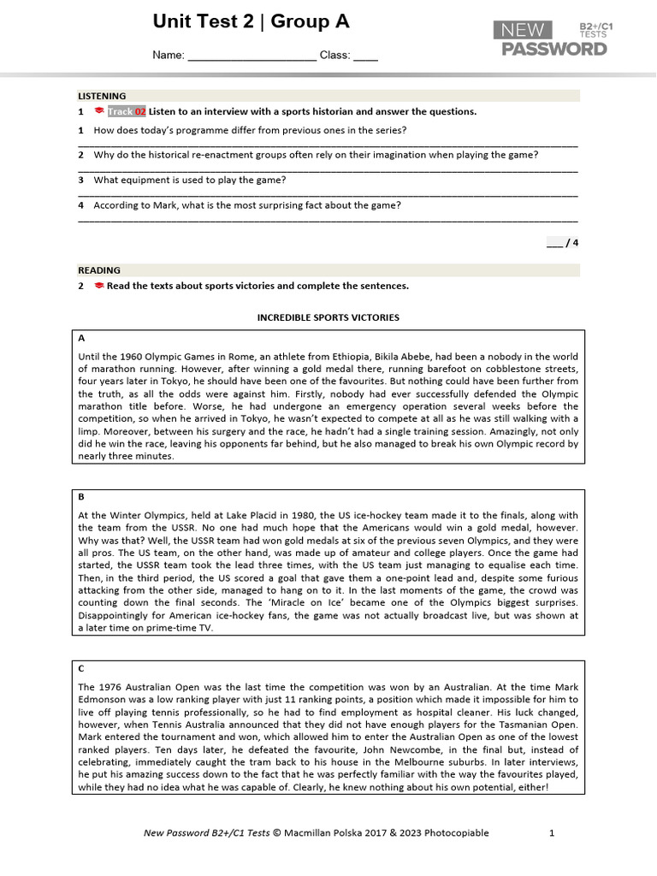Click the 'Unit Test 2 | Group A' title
pyautogui.click(x=251, y=22)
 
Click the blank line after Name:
pyautogui.click(x=252, y=56)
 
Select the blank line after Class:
pyautogui.click(x=365, y=56)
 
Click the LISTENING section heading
pyautogui.click(x=102, y=96)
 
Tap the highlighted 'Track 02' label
pyautogui.click(x=127, y=111)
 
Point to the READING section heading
pyautogui.click(x=99, y=270)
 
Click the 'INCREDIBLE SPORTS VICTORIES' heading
pyautogui.click(x=328, y=317)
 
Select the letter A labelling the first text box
pyautogui.click(x=81, y=338)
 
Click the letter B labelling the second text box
pyautogui.click(x=81, y=497)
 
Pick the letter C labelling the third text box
pyautogui.click(x=81, y=668)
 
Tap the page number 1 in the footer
pyautogui.click(x=552, y=832)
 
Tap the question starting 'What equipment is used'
pyautogui.click(x=189, y=180)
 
